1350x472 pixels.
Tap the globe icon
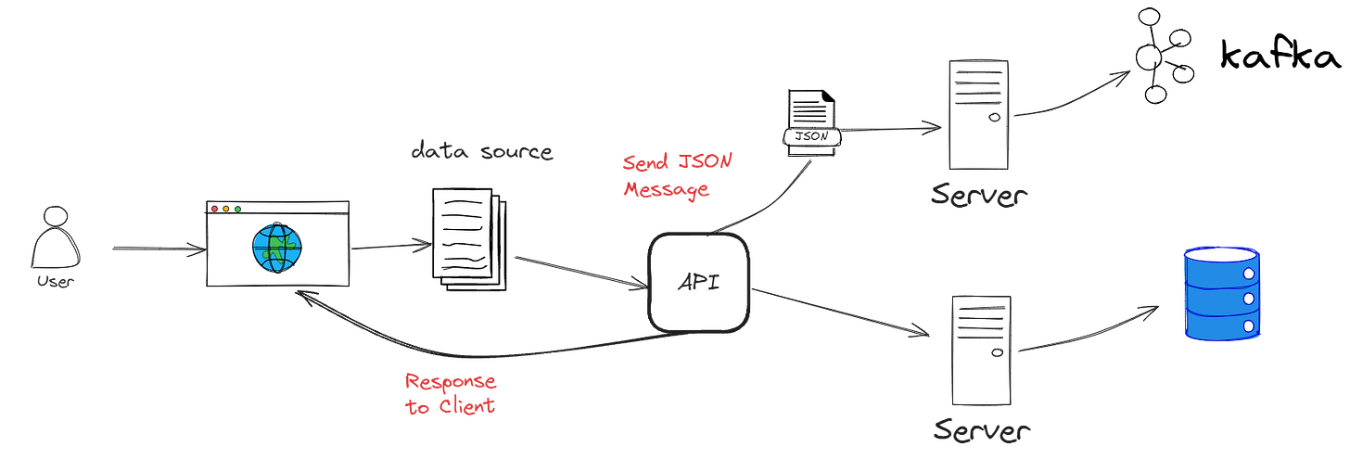(x=276, y=247)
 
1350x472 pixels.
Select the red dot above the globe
(x=215, y=210)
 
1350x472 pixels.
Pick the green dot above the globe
(x=238, y=210)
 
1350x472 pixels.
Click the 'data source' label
(x=482, y=152)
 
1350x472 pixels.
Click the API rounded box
(x=698, y=282)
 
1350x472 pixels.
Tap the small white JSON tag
(x=813, y=136)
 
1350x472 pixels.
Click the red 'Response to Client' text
(x=451, y=393)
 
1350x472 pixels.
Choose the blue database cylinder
(x=1220, y=293)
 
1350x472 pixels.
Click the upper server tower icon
(x=978, y=114)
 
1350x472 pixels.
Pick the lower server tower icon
(x=980, y=351)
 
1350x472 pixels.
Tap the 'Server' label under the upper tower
(x=980, y=195)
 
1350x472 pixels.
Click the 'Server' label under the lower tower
(x=981, y=430)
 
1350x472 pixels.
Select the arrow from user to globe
(x=158, y=249)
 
